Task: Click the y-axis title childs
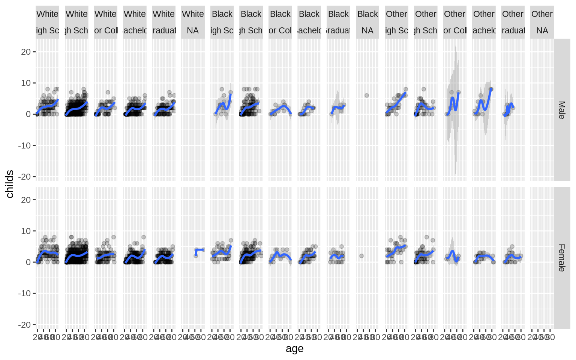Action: point(10,184)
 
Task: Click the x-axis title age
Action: point(294,349)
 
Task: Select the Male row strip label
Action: point(561,110)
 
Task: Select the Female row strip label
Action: point(561,258)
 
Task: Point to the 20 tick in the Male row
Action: point(26,52)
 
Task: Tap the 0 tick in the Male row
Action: point(28,114)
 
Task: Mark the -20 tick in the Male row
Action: point(24,177)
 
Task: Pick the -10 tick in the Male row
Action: point(24,145)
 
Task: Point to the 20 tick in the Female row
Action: point(26,200)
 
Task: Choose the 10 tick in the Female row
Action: point(26,231)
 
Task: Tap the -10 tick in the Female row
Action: point(24,293)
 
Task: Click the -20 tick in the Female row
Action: point(24,325)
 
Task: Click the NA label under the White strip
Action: point(193,31)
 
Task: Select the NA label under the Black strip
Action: point(367,31)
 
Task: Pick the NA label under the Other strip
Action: point(542,31)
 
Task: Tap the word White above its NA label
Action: point(193,14)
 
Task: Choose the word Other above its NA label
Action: point(542,14)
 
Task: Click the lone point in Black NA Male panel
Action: point(367,95)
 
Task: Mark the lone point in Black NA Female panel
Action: point(361,256)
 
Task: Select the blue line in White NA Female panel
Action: point(200,250)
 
